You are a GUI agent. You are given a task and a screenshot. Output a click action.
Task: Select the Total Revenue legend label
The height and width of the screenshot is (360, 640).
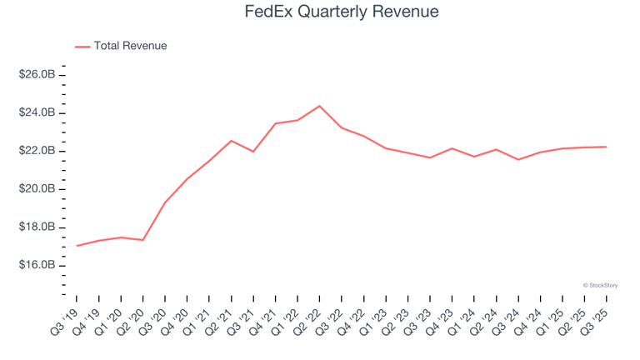(130, 46)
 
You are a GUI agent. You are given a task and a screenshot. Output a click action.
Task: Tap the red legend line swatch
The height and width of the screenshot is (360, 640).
(82, 47)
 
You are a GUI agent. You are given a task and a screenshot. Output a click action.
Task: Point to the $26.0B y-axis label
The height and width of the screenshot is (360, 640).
(37, 75)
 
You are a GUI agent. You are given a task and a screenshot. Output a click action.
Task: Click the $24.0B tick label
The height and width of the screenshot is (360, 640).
(37, 113)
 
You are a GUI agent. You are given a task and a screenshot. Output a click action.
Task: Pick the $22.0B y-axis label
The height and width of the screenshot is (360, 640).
(37, 151)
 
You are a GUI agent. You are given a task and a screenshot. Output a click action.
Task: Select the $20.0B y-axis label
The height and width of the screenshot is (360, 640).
(37, 189)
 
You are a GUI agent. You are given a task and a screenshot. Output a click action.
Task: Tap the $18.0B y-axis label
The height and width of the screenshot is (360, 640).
(37, 227)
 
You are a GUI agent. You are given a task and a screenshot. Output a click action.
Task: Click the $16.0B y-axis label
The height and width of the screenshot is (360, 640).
(37, 265)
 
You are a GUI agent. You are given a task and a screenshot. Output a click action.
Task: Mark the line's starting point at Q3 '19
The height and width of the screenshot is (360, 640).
(77, 246)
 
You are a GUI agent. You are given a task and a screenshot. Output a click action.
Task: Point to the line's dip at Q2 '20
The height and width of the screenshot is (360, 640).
(143, 240)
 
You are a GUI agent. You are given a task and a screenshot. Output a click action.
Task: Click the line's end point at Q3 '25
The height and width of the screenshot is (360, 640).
(606, 147)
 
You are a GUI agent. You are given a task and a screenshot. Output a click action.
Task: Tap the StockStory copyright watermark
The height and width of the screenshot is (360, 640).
(601, 285)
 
